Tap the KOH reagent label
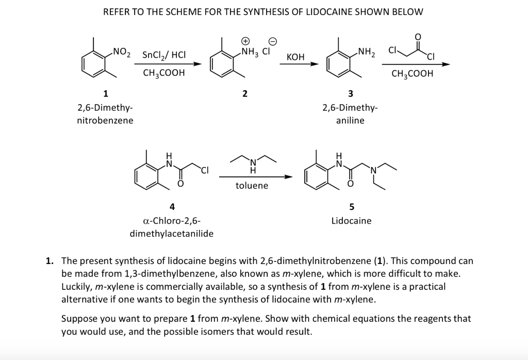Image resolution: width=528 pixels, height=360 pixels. coord(295,56)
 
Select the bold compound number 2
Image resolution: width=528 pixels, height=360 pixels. coord(245,93)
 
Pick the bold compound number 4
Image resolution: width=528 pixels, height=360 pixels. coord(172,206)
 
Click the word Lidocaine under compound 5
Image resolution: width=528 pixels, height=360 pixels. coord(351,221)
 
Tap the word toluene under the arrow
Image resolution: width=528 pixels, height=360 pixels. coord(252,185)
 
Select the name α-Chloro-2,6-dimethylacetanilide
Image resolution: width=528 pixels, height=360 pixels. coord(172,227)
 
